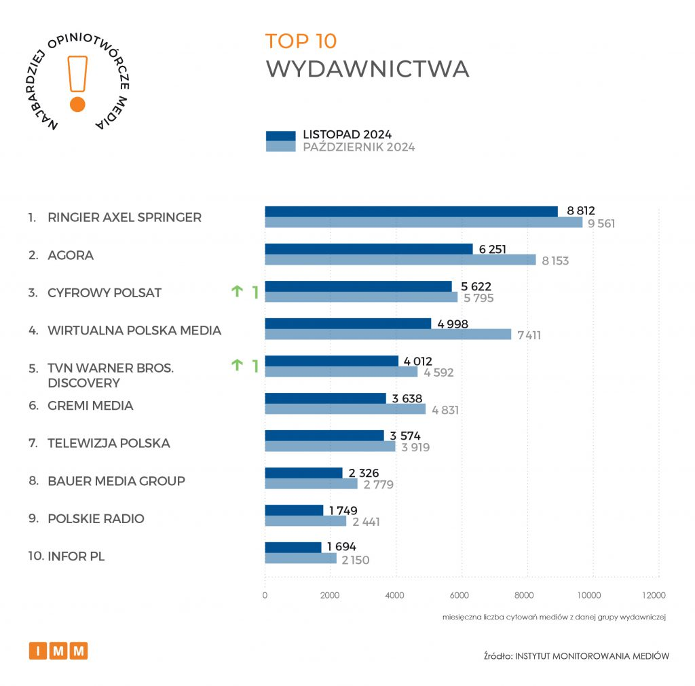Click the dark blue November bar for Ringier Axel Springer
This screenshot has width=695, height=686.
pos(411,212)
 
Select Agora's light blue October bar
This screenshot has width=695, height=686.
pos(400,259)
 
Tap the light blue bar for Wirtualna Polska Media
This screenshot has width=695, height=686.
pos(388,334)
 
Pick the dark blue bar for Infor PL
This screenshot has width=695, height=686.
pos(293,547)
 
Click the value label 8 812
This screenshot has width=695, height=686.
pos(580,212)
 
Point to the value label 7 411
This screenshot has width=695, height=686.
pos(527,335)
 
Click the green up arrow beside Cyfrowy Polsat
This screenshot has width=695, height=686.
pos(237,292)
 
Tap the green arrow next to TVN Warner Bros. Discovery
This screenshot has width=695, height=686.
pos(237,366)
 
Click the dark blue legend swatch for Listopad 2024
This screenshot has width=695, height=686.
pos(280,136)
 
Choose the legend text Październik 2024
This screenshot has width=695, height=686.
pos(358,147)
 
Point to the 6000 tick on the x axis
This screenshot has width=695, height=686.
pos(460,596)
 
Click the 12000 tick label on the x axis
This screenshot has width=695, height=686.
pos(654,596)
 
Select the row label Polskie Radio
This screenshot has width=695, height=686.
pos(96,518)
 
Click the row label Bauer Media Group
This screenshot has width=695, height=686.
pos(116,481)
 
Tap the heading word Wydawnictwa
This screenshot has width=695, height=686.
pos(367,69)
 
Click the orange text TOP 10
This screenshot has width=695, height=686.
pos(301,41)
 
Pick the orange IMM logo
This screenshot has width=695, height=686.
pos(58,651)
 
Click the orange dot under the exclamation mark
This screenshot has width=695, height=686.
pos(77,104)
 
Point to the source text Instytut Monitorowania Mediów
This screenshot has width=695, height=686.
pos(593,655)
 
